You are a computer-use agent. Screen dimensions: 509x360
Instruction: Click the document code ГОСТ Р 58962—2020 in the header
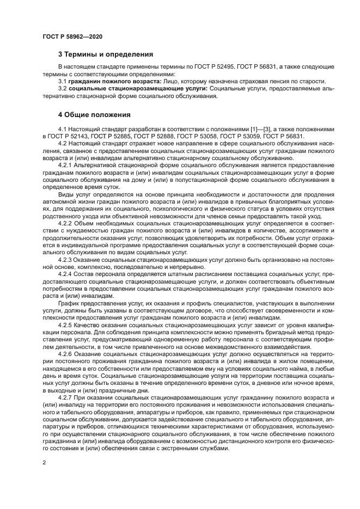pyautogui.click(x=72, y=36)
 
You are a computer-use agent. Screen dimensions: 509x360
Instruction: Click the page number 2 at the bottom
pyautogui.click(x=44, y=462)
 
